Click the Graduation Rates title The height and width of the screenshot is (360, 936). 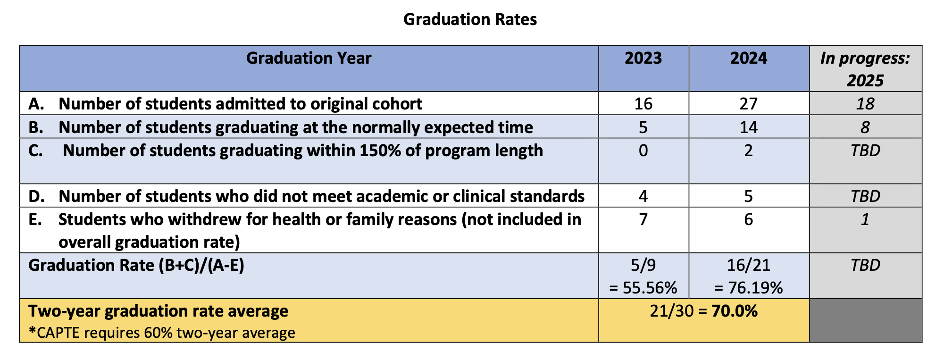[470, 19]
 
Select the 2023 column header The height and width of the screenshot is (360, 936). [643, 58]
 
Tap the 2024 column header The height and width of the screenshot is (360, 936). [749, 58]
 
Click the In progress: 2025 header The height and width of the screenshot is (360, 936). [865, 69]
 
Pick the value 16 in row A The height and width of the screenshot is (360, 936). [643, 104]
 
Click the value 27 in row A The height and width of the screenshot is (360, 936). [748, 104]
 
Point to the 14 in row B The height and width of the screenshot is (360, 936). [748, 127]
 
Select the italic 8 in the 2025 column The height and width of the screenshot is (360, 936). [865, 127]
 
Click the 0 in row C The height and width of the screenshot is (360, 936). [643, 151]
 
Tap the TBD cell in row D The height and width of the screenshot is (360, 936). [865, 196]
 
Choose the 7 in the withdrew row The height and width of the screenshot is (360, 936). [643, 219]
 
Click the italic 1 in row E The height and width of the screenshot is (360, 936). [865, 219]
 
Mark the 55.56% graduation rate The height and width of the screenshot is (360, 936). [649, 288]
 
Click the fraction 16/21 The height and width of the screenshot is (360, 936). [748, 265]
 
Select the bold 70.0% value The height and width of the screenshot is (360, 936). [735, 311]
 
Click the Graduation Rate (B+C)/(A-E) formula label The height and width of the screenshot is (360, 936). [136, 265]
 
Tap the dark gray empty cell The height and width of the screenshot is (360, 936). [865, 320]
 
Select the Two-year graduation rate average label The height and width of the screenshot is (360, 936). [158, 311]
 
